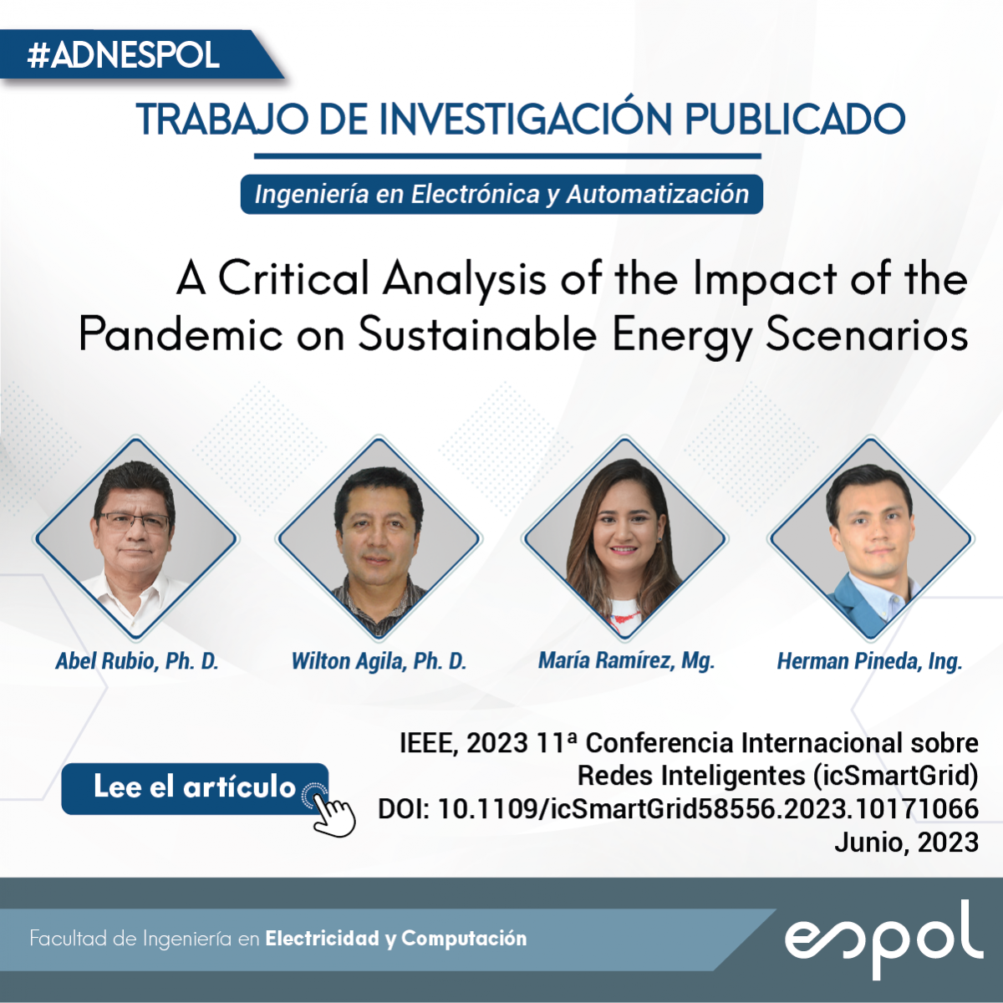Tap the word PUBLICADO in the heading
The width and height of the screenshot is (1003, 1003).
click(794, 120)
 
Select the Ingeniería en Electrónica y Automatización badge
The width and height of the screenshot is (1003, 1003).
click(501, 194)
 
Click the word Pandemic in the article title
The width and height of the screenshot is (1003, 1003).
click(181, 333)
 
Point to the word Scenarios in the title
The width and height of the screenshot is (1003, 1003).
click(867, 333)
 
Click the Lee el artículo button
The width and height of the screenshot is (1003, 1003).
click(195, 788)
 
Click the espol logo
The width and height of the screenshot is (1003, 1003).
click(883, 938)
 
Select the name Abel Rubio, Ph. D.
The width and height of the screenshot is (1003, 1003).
click(137, 661)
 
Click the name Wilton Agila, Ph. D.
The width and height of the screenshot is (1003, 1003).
click(379, 661)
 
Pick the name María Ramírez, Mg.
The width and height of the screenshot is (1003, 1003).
click(626, 661)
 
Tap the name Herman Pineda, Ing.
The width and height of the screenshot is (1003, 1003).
click(869, 661)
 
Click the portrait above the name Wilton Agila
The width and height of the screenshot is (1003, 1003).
click(379, 537)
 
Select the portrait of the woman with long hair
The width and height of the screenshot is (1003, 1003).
click(624, 537)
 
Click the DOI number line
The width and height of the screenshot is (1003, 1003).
click(678, 809)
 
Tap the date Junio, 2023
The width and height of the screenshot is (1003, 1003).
click(907, 843)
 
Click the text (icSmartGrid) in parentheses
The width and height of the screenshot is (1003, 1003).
click(895, 776)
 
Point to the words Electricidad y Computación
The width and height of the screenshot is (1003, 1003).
click(396, 939)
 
